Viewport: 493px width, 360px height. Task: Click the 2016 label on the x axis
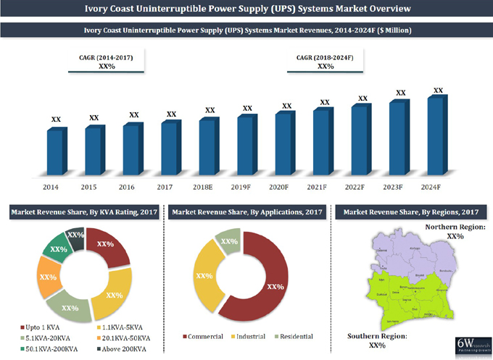coord(127,188)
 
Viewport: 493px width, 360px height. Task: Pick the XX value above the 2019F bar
coord(247,108)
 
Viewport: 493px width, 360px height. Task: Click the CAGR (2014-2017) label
coord(106,56)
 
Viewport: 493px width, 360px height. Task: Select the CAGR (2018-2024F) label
coord(325,56)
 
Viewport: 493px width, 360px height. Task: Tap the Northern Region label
coord(455,227)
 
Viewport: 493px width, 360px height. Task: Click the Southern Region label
coord(377,337)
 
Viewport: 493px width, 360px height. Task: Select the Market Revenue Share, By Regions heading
coord(410,212)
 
